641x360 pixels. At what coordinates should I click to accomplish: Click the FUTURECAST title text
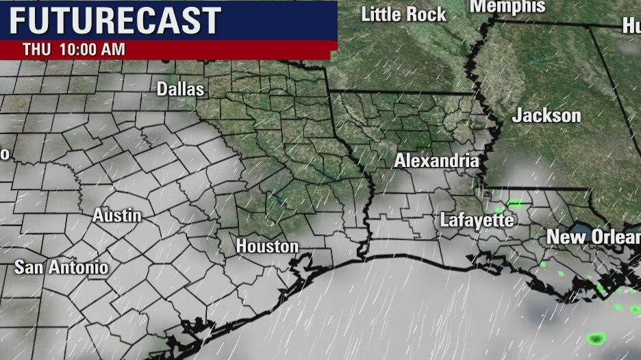(x=114, y=21)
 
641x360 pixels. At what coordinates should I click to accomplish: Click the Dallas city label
(x=180, y=89)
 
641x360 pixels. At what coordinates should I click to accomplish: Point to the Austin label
(x=117, y=216)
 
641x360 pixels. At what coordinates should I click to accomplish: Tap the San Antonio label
(x=62, y=267)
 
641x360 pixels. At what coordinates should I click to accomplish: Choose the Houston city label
(x=267, y=246)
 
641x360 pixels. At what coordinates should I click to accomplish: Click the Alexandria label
(x=436, y=162)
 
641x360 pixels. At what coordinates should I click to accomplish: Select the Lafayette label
(x=477, y=220)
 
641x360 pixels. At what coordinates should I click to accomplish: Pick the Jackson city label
(x=546, y=116)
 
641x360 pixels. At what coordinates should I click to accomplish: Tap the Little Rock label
(x=403, y=14)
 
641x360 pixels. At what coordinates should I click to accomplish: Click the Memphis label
(x=507, y=7)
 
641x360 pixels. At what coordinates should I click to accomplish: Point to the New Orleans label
(x=593, y=237)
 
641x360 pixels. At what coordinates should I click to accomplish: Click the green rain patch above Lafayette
(x=514, y=203)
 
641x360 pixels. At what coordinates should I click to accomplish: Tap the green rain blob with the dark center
(x=597, y=339)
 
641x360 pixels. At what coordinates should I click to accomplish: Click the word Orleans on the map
(x=613, y=237)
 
